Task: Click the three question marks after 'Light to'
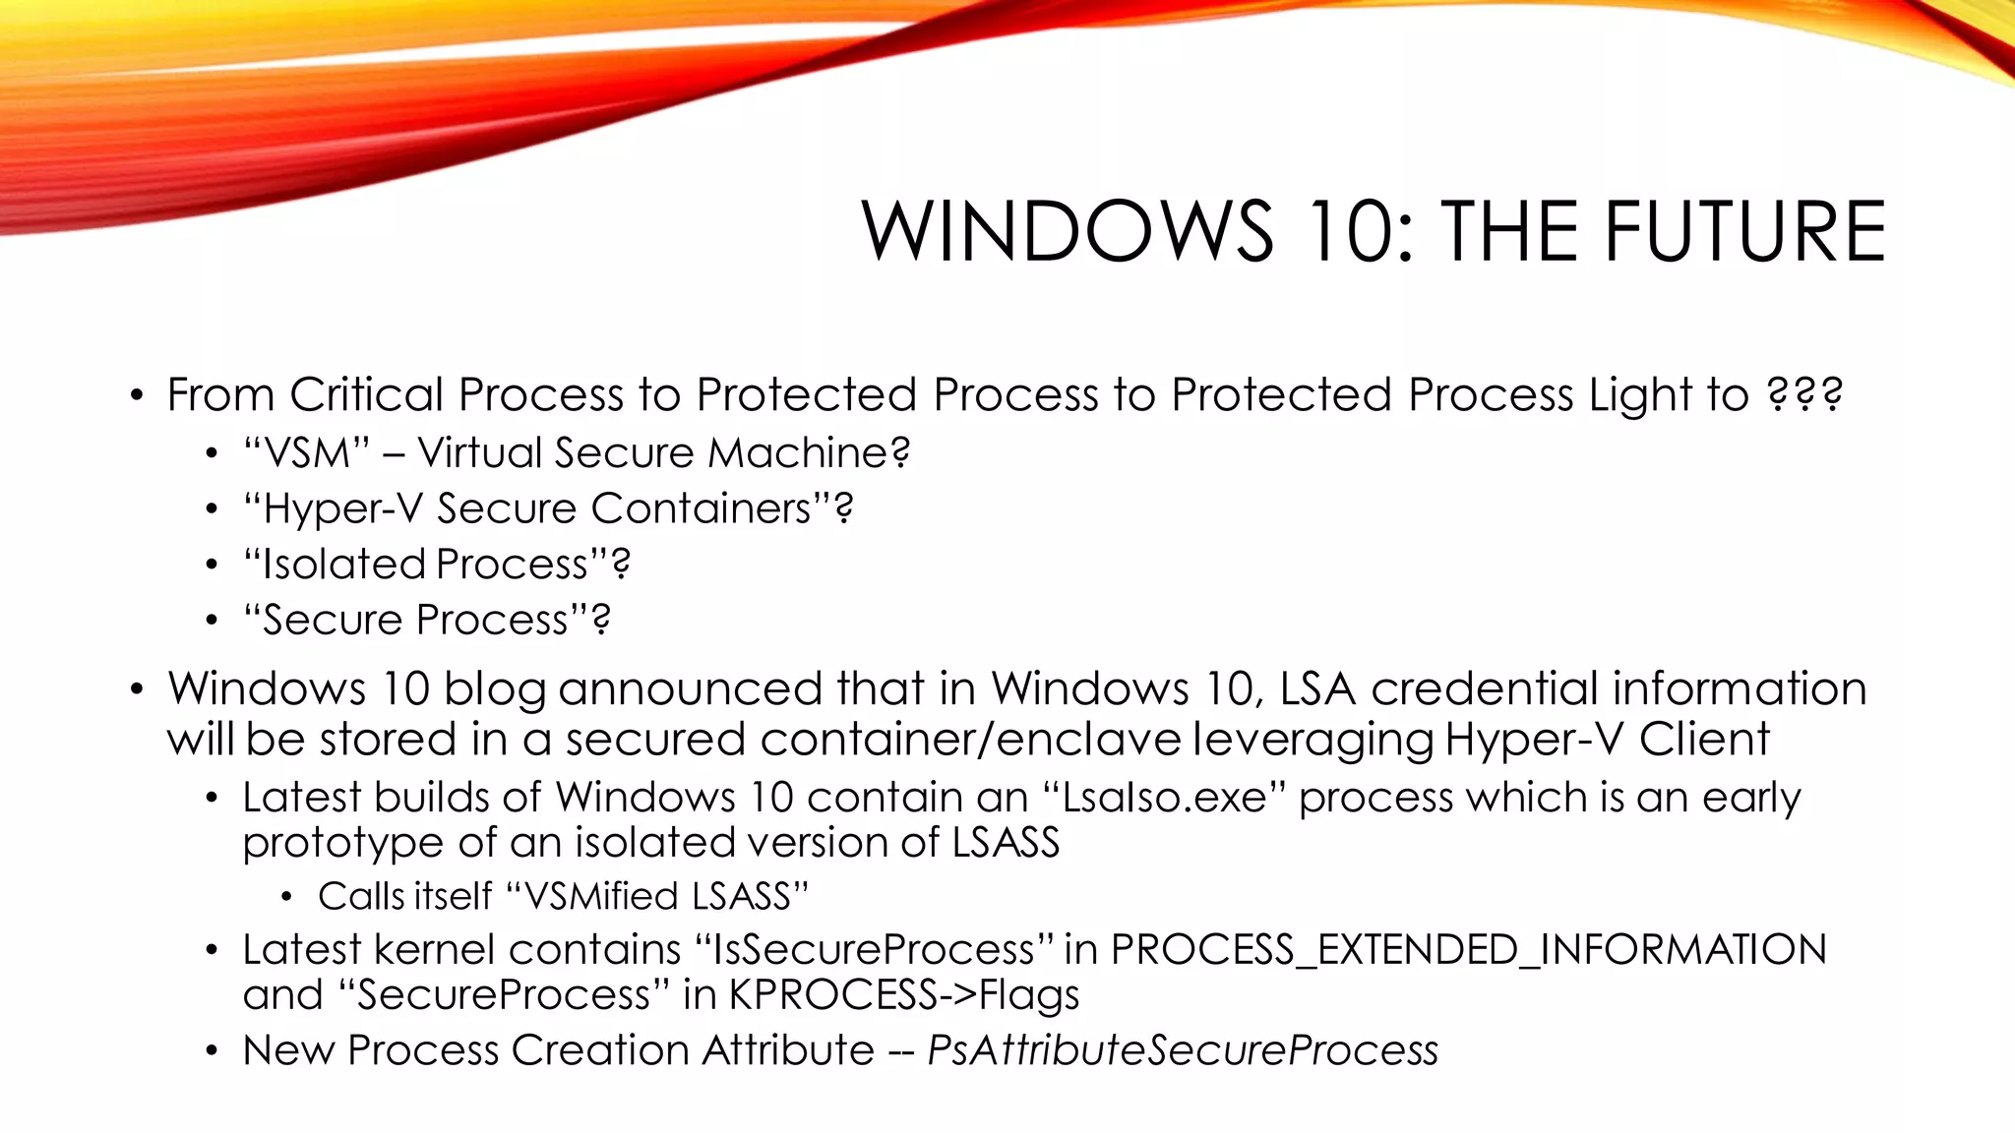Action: point(1804,394)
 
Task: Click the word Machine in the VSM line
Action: point(808,452)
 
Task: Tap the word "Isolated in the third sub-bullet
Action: point(334,565)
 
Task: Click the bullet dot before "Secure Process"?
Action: point(211,621)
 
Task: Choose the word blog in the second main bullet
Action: point(494,688)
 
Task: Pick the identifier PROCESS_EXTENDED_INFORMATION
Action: point(1468,950)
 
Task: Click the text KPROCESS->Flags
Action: point(903,995)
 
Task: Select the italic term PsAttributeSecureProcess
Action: point(1183,1050)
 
